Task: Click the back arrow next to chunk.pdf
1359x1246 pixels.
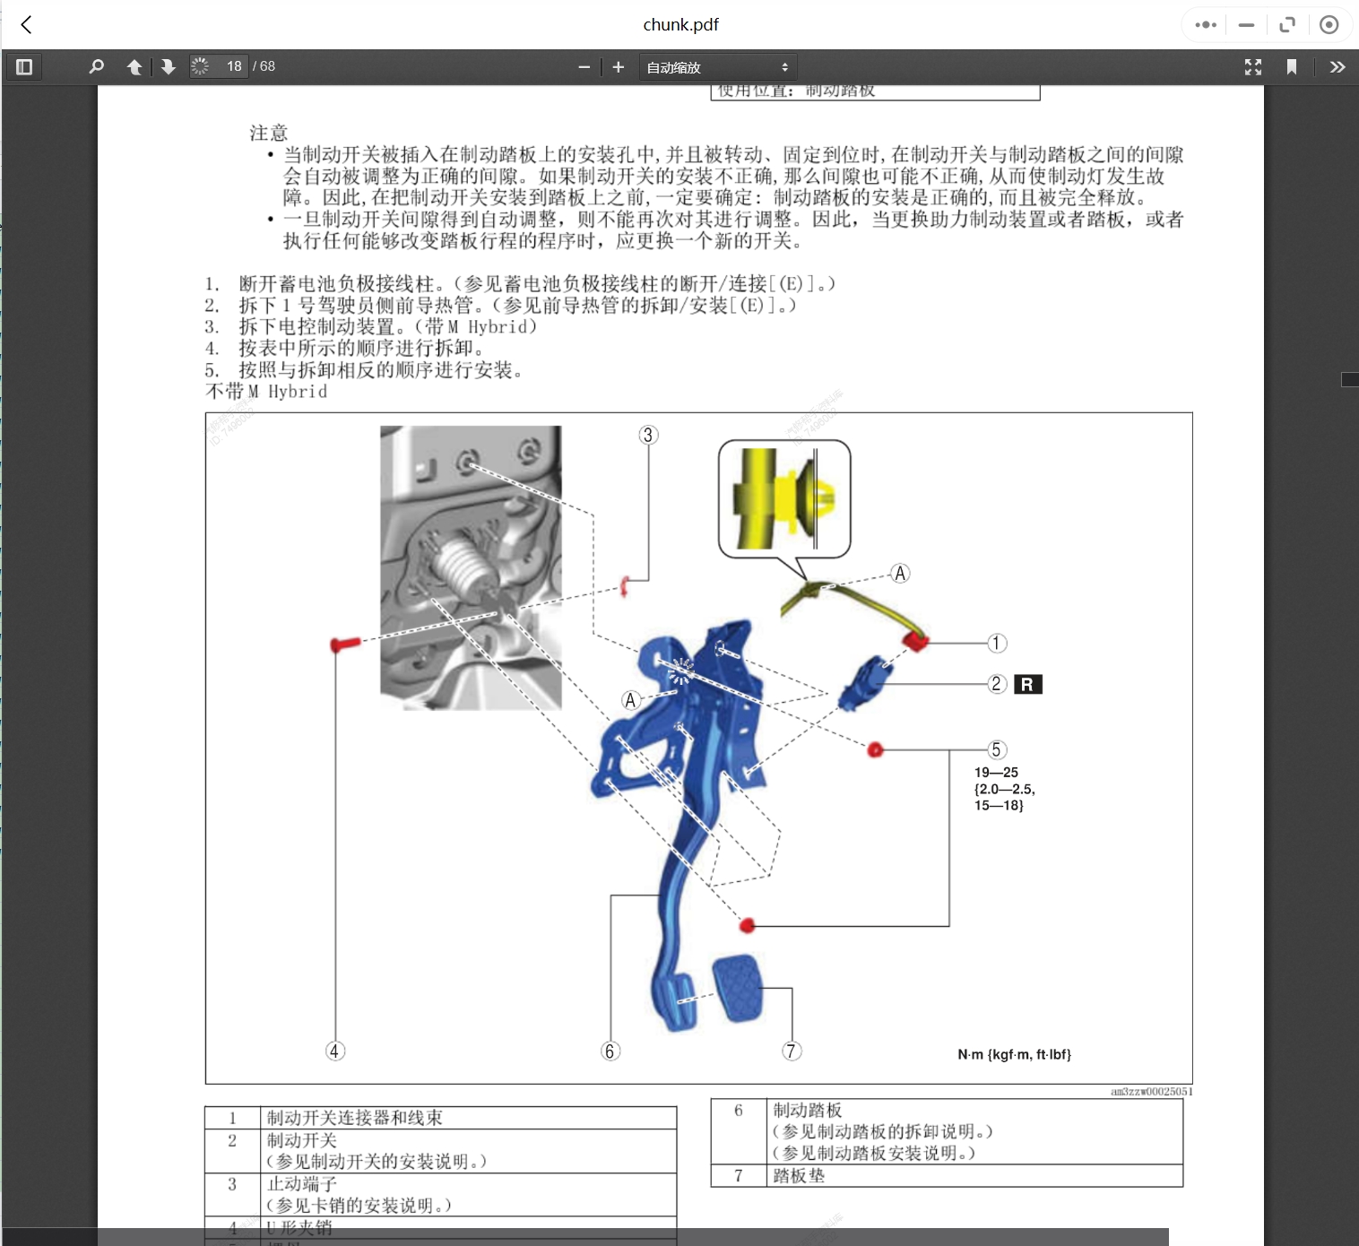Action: [x=27, y=24]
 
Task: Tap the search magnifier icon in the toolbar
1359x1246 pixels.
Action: [x=96, y=67]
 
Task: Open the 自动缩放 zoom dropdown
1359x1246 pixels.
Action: [x=717, y=67]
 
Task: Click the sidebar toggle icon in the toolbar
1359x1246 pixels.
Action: [x=24, y=67]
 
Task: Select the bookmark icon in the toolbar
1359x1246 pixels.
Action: [x=1292, y=67]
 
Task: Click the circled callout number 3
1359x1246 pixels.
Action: [x=648, y=436]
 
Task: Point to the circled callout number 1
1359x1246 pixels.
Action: [x=997, y=644]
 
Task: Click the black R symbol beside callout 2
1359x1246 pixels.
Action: [x=1027, y=685]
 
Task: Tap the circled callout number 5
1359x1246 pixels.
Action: [x=996, y=750]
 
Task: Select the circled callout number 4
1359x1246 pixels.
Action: [x=334, y=1051]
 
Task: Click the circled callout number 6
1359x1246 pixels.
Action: [x=610, y=1051]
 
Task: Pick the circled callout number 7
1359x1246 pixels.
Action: [x=791, y=1051]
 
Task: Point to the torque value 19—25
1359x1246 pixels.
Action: [x=996, y=773]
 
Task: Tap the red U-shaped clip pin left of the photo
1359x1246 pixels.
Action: [x=344, y=644]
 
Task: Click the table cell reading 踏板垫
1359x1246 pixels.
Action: [x=798, y=1176]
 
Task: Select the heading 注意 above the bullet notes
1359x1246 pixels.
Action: [x=268, y=134]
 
